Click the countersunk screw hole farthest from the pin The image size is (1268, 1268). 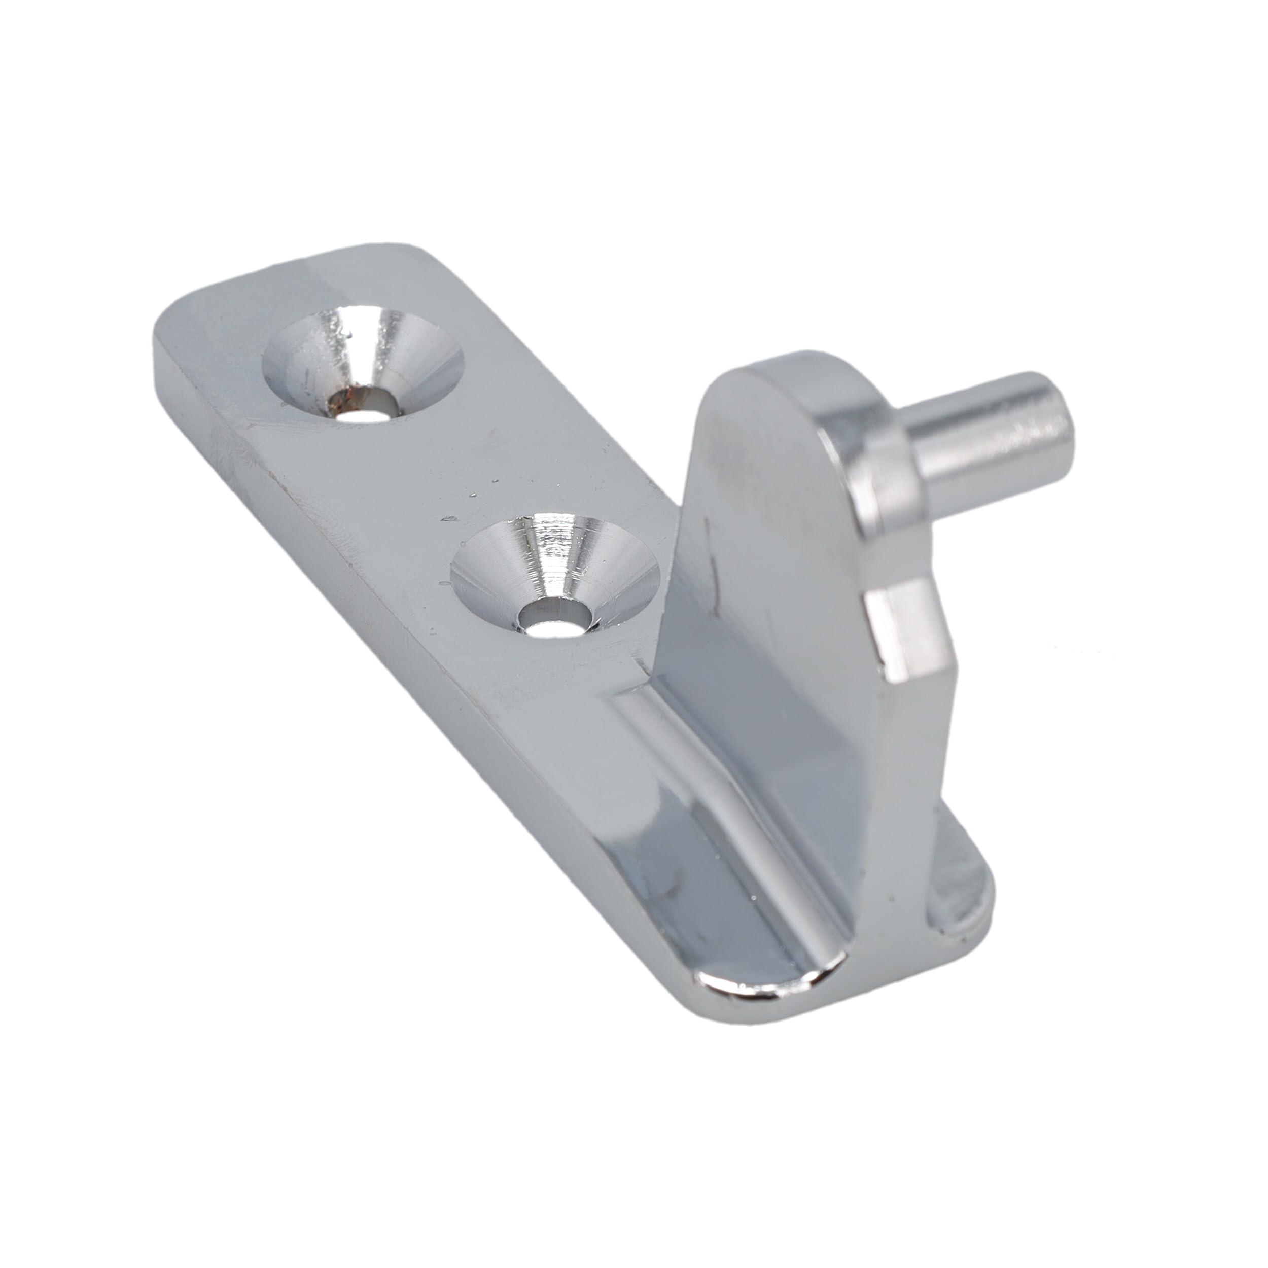pyautogui.click(x=363, y=368)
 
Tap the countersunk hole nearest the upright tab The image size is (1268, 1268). pyautogui.click(x=554, y=574)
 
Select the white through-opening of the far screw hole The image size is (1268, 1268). pyautogui.click(x=368, y=415)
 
